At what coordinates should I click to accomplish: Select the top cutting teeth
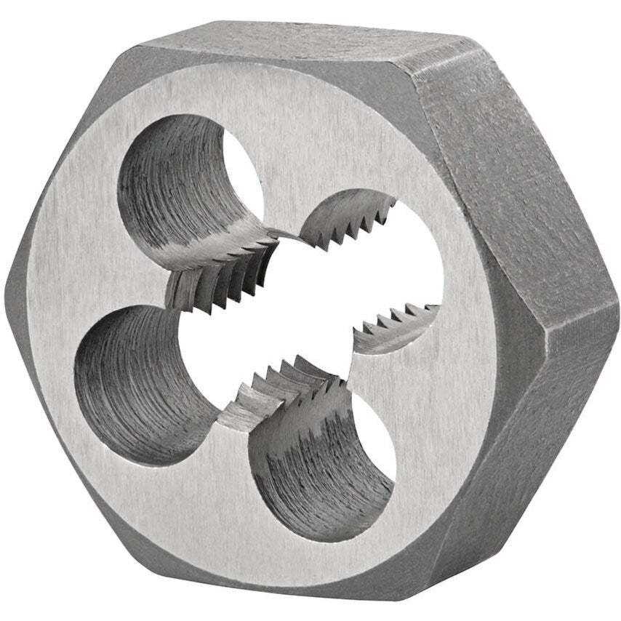342,222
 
